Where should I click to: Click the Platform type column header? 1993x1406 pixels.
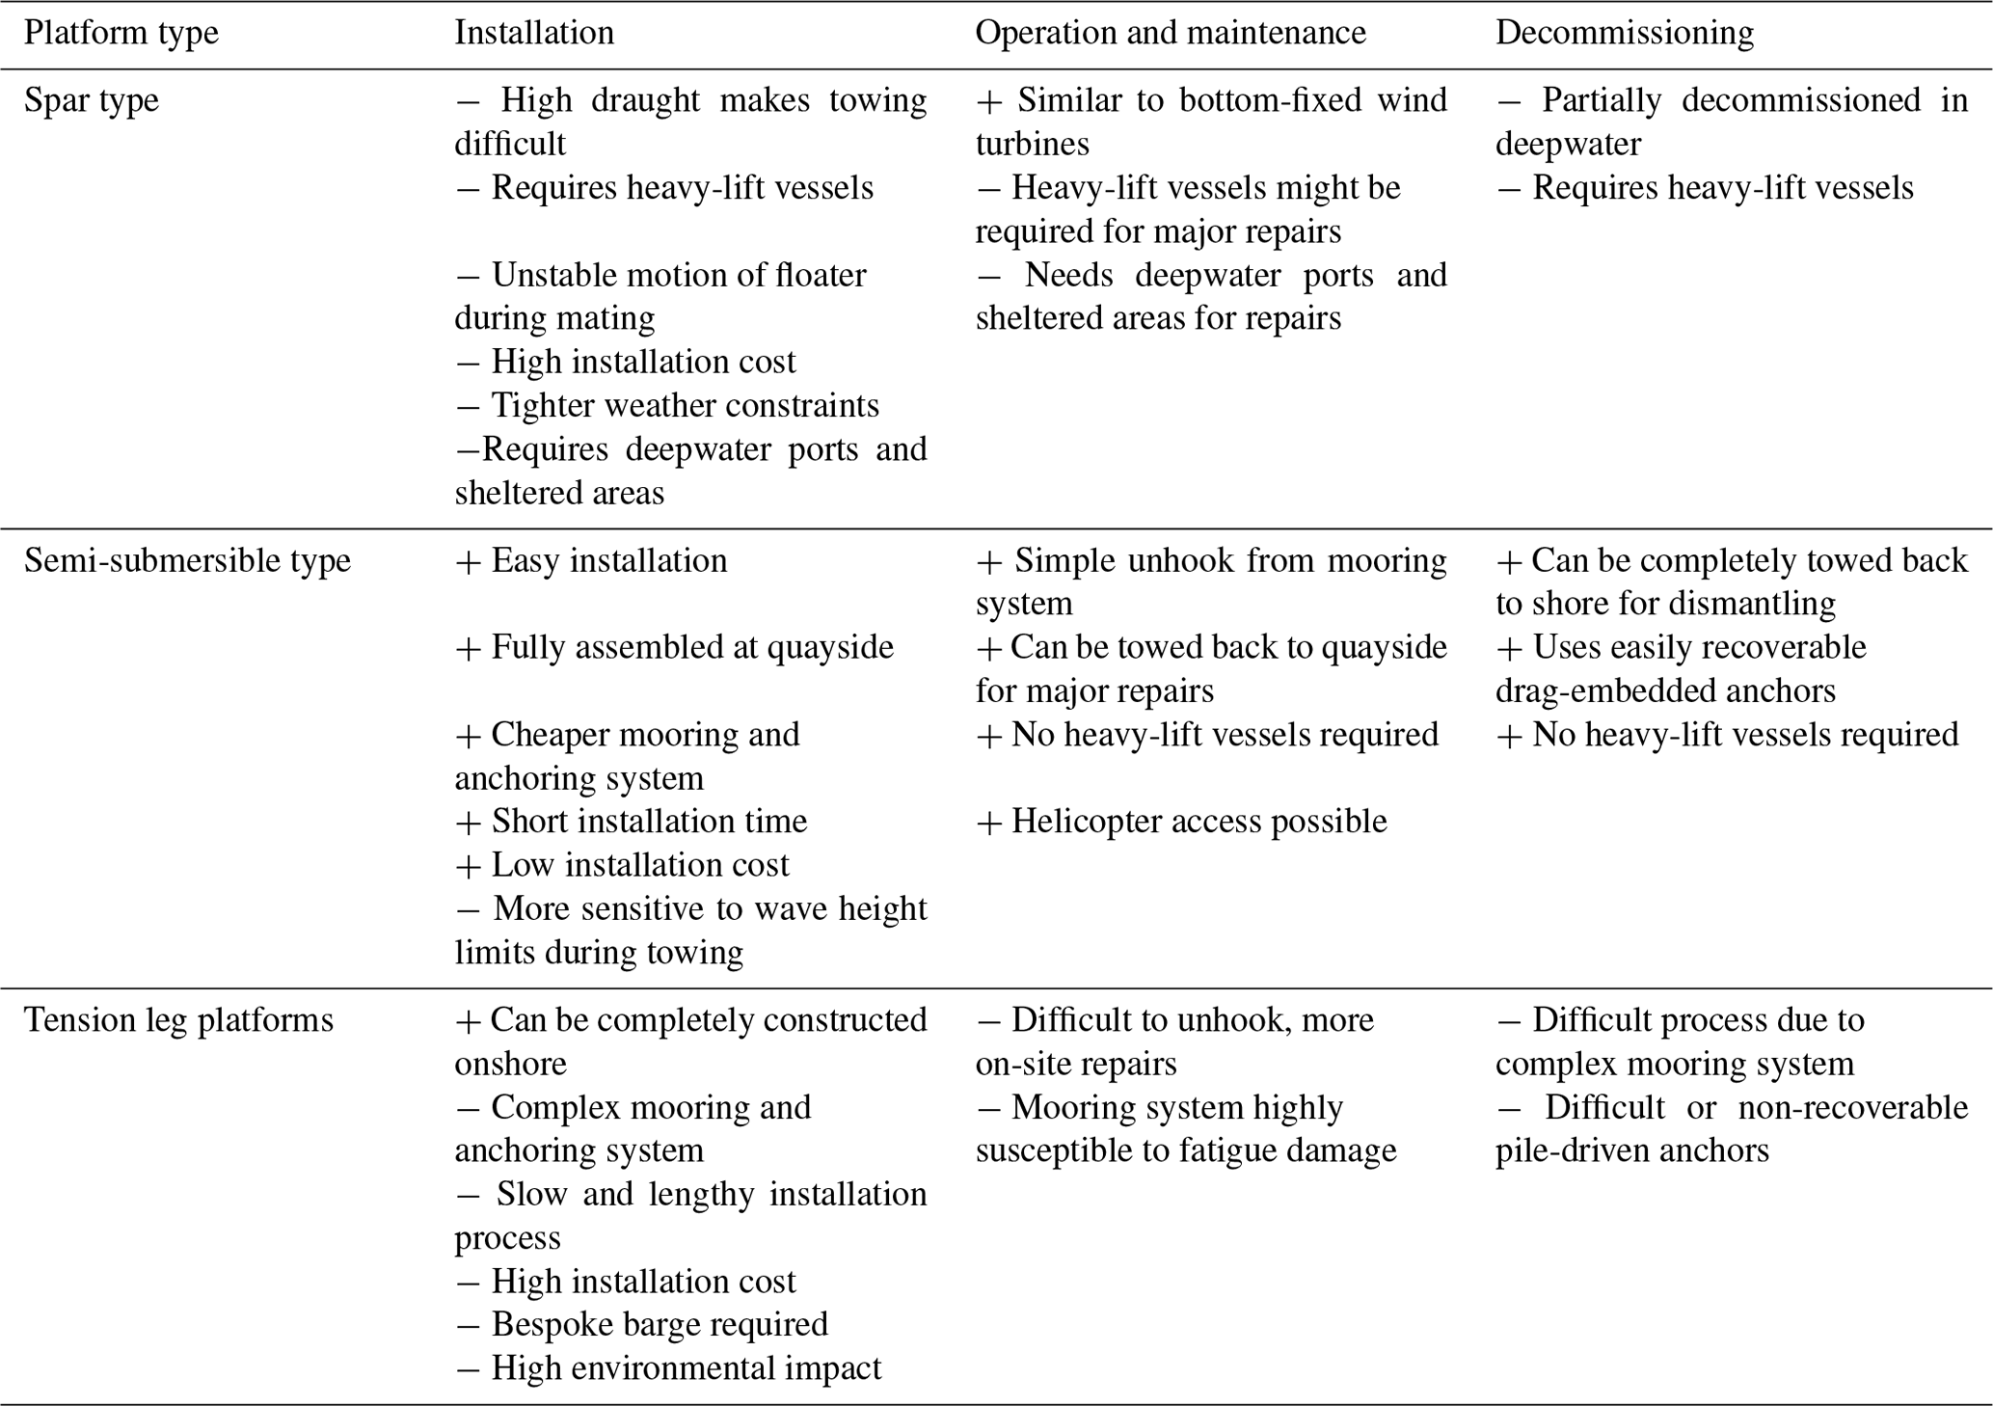(121, 33)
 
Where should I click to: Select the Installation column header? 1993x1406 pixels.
(534, 33)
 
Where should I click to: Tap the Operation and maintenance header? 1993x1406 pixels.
(1171, 33)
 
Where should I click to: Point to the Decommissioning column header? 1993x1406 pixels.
(1625, 33)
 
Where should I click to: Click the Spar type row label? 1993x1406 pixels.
(92, 100)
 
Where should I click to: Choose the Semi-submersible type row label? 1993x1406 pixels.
(187, 560)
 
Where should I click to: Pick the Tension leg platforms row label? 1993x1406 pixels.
(178, 1019)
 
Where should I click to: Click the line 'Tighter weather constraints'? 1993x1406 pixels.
(667, 405)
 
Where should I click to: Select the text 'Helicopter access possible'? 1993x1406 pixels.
(1181, 821)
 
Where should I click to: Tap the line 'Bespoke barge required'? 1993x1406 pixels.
(641, 1324)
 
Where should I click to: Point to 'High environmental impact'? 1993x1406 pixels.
(668, 1367)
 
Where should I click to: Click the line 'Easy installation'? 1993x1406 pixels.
(591, 560)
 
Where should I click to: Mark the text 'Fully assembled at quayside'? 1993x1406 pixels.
(674, 647)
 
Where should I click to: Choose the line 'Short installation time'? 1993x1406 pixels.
(631, 821)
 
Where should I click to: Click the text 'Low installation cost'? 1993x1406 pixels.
(622, 864)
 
